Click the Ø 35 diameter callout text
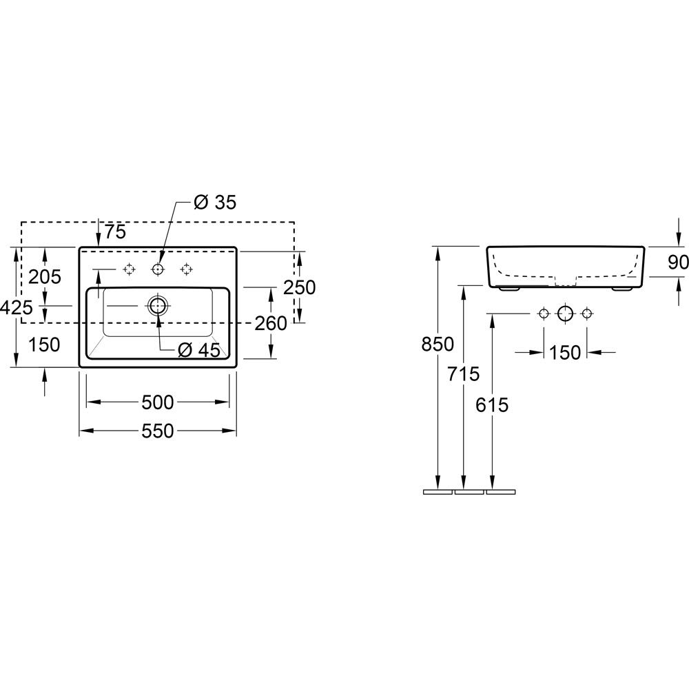[x=215, y=202]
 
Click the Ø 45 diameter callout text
[x=199, y=350]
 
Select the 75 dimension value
[x=115, y=232]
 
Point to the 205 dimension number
[x=45, y=277]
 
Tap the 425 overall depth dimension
[x=17, y=307]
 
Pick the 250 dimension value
[x=299, y=287]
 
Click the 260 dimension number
[x=271, y=323]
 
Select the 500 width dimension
[x=158, y=402]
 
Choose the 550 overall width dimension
[x=158, y=431]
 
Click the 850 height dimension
[x=438, y=344]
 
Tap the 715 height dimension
[x=464, y=374]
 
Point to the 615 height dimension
[x=492, y=404]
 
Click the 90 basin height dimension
[x=679, y=263]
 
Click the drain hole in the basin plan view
[x=158, y=305]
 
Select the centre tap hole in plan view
[x=158, y=269]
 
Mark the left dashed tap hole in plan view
[x=129, y=269]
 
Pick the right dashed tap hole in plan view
[x=186, y=269]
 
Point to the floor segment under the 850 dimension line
[x=438, y=492]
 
